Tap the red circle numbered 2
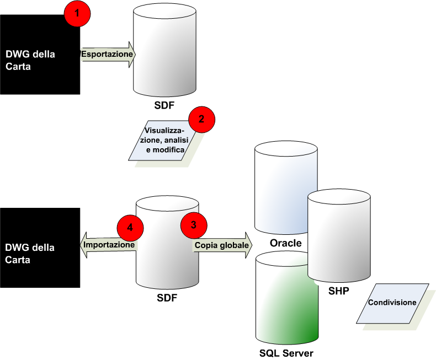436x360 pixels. click(x=201, y=119)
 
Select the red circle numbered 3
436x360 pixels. click(x=194, y=224)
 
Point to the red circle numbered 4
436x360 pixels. click(x=130, y=227)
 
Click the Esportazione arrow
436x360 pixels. click(x=108, y=55)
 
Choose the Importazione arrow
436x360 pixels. click(x=108, y=244)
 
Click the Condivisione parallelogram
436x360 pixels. click(x=392, y=303)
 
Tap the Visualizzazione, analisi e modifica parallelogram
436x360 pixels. click(x=164, y=141)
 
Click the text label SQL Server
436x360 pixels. click(x=286, y=353)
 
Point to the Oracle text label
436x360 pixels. click(x=285, y=243)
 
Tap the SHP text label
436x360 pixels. click(x=338, y=291)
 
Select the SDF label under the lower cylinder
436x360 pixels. click(x=167, y=299)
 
